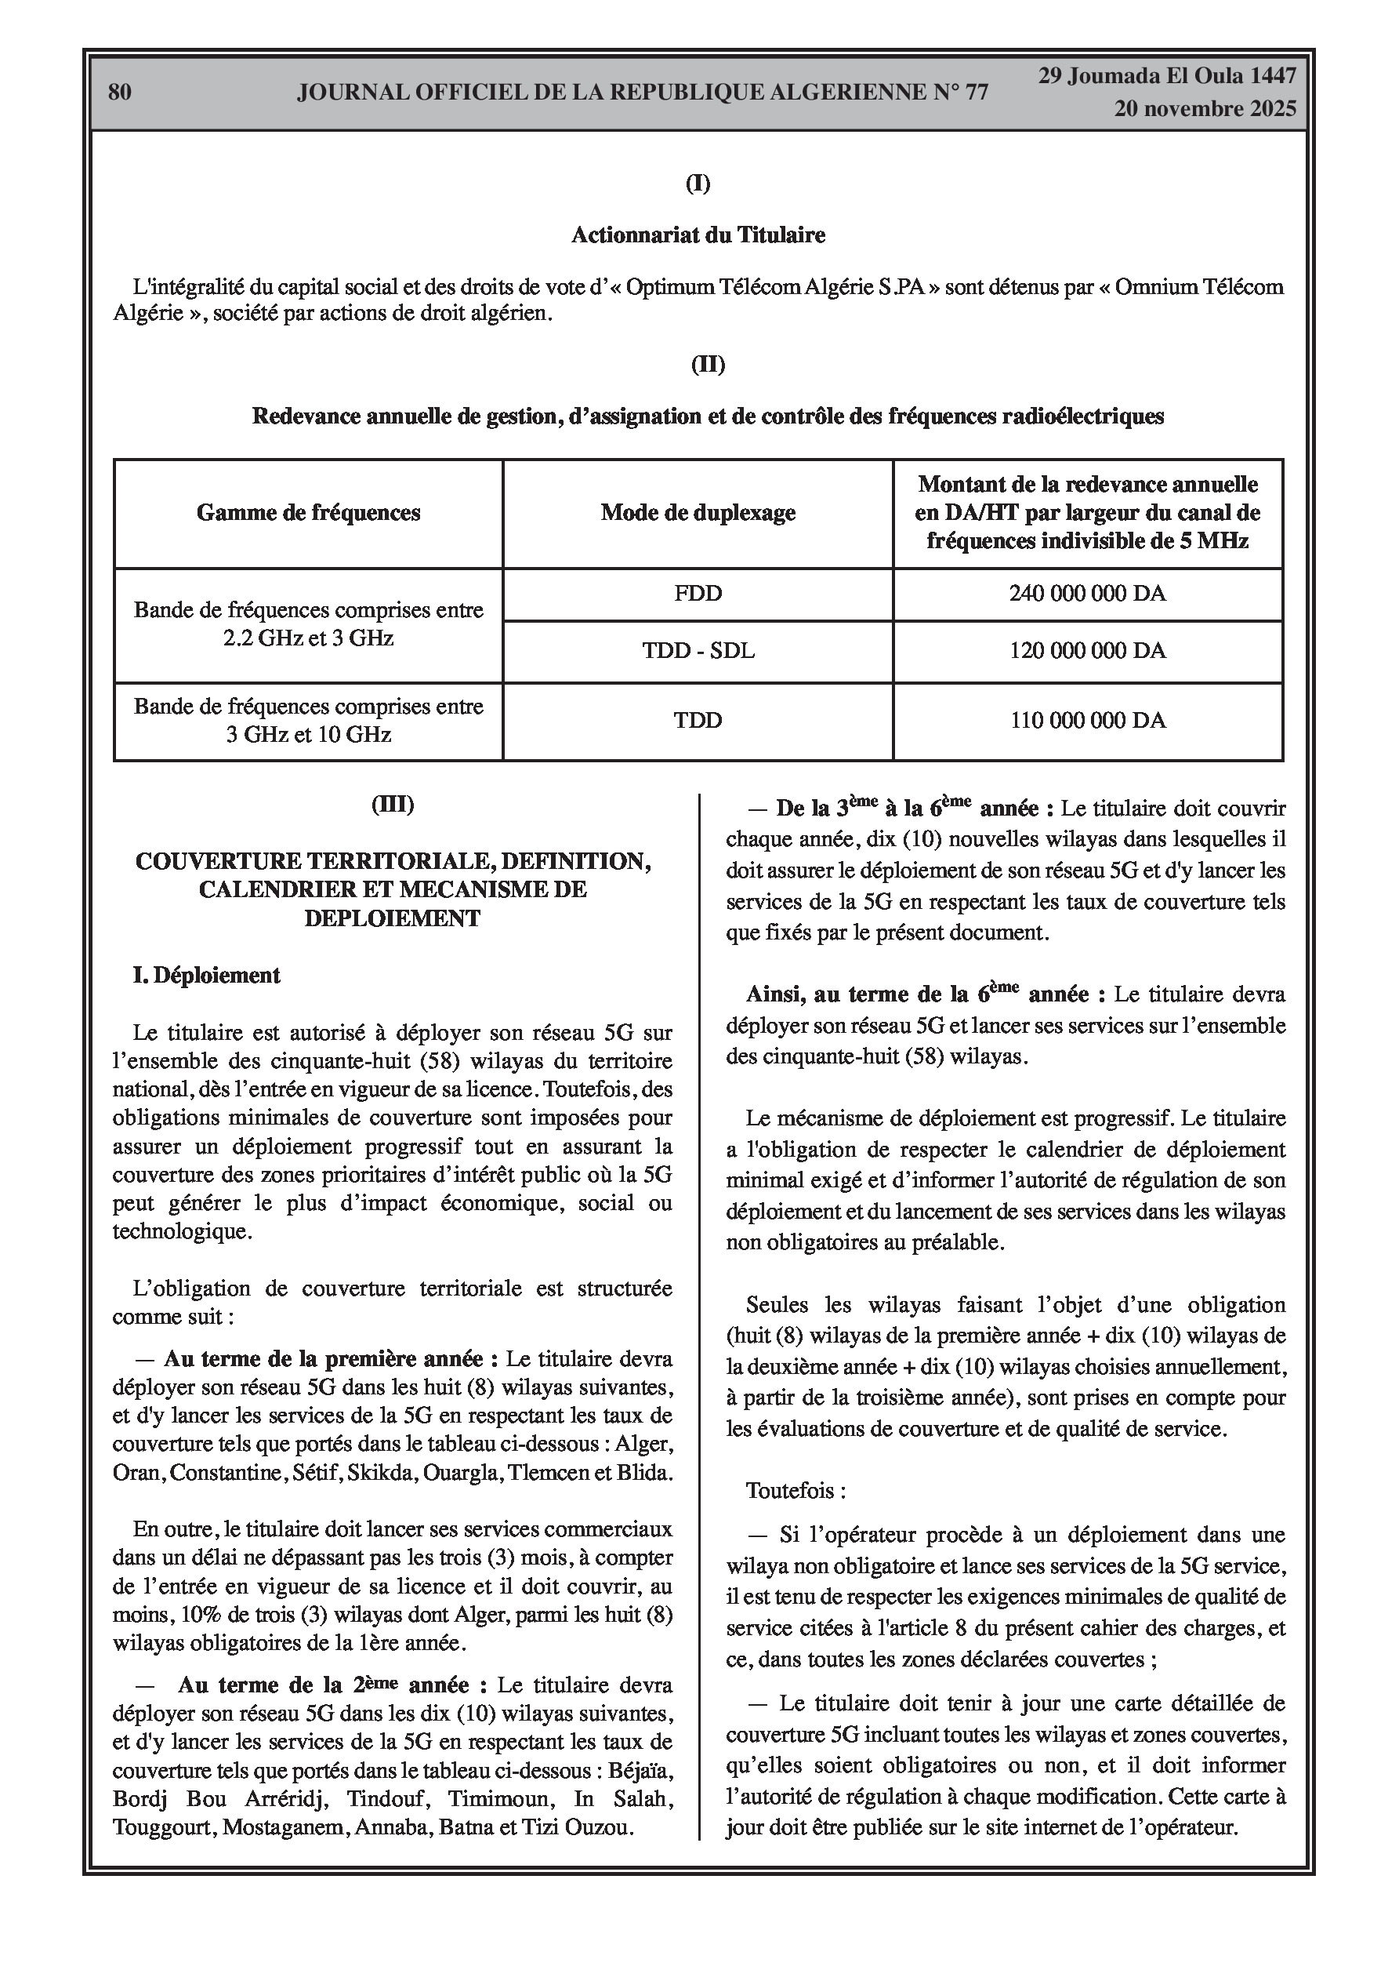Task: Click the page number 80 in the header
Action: click(x=120, y=93)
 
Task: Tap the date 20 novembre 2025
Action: click(x=1204, y=109)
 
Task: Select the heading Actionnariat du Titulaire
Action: click(x=698, y=234)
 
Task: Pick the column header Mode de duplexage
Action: click(x=698, y=513)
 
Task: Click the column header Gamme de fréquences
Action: click(x=308, y=513)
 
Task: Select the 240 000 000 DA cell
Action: click(x=1087, y=594)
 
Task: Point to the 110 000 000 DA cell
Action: click(x=1087, y=721)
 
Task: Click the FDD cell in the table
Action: click(x=698, y=594)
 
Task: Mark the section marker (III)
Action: click(x=393, y=805)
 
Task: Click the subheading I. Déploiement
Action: click(x=206, y=975)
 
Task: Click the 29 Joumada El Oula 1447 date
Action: click(x=1166, y=76)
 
